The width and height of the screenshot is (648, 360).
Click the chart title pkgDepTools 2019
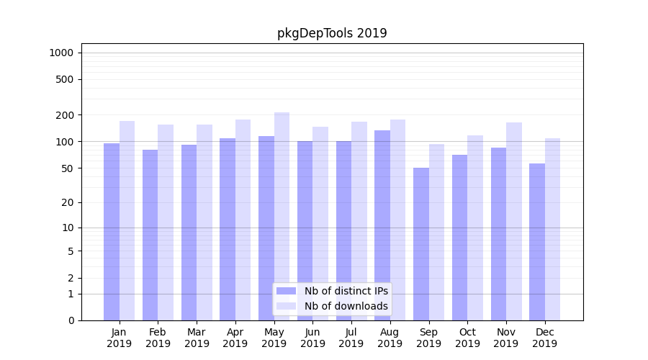(332, 33)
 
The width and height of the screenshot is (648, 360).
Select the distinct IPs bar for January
(112, 230)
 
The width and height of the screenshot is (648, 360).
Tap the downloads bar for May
(282, 216)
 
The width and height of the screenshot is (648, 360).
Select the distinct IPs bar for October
(460, 238)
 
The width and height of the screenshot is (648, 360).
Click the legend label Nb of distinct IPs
(346, 291)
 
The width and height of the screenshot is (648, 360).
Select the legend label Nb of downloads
(346, 306)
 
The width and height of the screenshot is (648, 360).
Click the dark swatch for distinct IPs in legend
(287, 291)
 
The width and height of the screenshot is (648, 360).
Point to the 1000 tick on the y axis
(61, 53)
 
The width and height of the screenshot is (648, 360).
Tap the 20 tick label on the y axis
(68, 202)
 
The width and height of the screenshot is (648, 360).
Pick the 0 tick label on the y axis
(71, 320)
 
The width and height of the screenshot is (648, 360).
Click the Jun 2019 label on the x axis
(312, 338)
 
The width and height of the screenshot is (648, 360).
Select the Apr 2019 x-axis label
(235, 338)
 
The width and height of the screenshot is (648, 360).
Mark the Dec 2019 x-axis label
(544, 338)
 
